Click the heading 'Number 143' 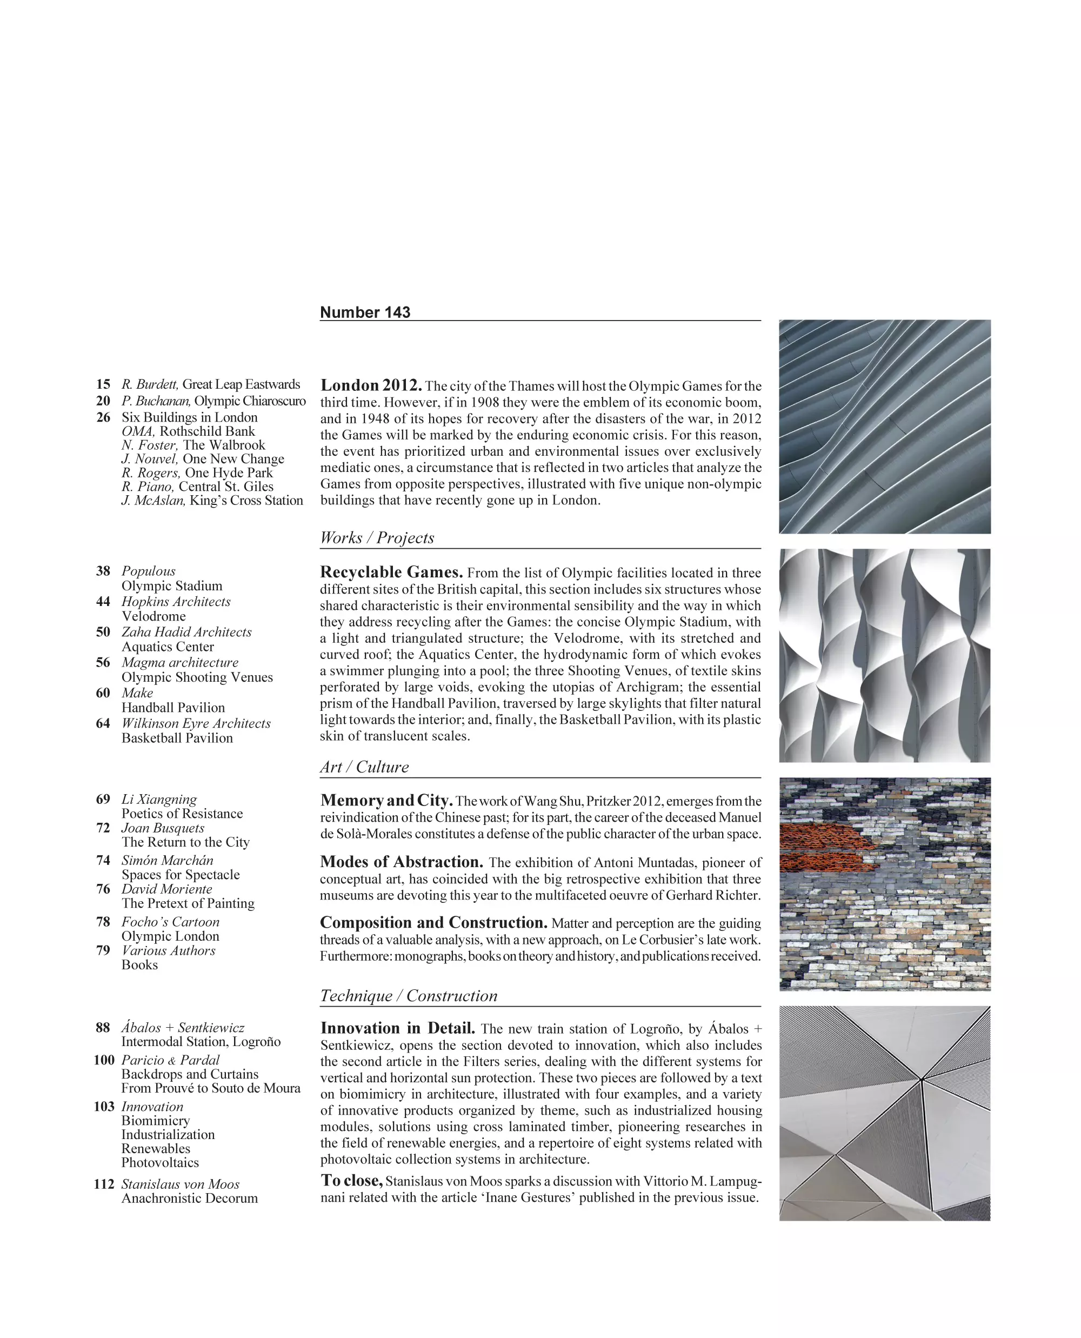(365, 312)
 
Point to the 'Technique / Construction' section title (409, 995)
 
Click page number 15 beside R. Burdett (103, 384)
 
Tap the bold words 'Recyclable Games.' (391, 572)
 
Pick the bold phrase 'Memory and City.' (386, 801)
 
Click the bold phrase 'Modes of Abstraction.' (402, 862)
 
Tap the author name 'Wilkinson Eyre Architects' (196, 723)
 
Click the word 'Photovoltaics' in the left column (160, 1162)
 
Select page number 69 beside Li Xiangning (103, 799)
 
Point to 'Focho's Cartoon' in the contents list (170, 922)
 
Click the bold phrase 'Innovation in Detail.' (397, 1028)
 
